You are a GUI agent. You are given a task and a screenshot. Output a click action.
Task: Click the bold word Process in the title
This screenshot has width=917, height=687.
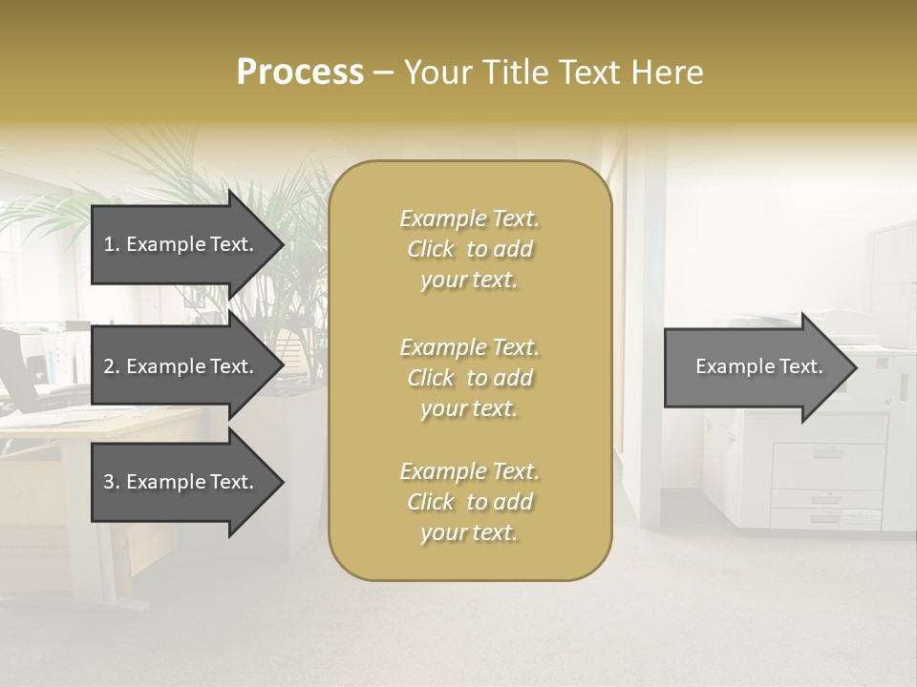tap(300, 73)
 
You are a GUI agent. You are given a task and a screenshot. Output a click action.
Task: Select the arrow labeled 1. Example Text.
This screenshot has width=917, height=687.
tap(181, 244)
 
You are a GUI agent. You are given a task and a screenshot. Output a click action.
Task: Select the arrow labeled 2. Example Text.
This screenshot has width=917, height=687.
tap(181, 366)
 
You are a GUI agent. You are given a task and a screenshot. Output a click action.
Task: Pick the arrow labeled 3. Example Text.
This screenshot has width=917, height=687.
tap(181, 482)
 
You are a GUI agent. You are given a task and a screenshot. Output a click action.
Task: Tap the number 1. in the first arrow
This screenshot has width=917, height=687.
tap(112, 244)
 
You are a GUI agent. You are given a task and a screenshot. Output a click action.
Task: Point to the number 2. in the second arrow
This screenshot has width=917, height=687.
tap(112, 366)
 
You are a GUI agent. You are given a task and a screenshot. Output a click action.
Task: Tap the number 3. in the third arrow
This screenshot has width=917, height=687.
tap(112, 482)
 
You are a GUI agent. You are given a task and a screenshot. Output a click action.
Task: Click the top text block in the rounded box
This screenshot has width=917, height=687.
tap(469, 249)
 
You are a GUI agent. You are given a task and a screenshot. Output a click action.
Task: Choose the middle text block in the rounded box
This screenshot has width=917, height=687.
tap(469, 378)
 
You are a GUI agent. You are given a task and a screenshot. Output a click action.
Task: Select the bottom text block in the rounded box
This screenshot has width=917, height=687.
tap(469, 502)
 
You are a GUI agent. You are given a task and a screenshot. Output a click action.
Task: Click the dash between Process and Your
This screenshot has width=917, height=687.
tap(384, 73)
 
